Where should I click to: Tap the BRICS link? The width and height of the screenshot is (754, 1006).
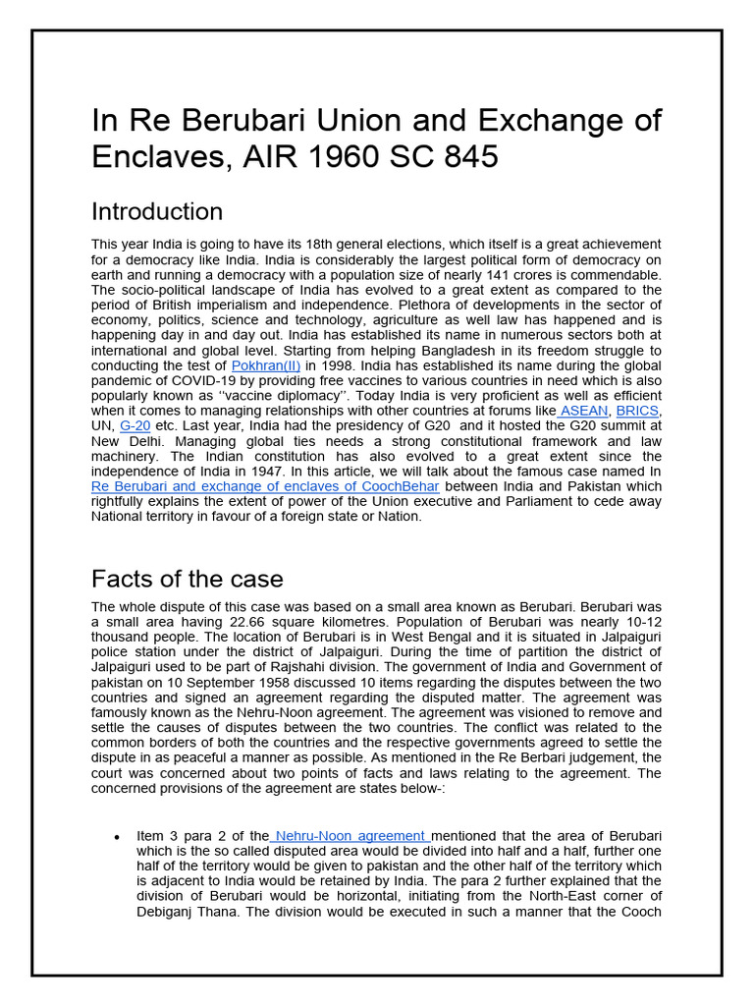point(637,410)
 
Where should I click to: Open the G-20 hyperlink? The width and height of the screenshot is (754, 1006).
point(136,425)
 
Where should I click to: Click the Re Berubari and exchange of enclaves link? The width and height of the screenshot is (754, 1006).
point(265,486)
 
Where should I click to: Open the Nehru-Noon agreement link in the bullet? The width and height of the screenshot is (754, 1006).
point(350,835)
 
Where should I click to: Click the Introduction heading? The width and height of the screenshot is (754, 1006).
point(157,211)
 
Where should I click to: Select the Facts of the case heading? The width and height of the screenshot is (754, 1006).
point(188,578)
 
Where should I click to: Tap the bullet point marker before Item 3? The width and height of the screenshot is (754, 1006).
point(117,837)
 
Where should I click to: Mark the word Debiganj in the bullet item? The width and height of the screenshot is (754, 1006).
point(166,911)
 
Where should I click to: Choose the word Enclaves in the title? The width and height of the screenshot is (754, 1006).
point(162,156)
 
